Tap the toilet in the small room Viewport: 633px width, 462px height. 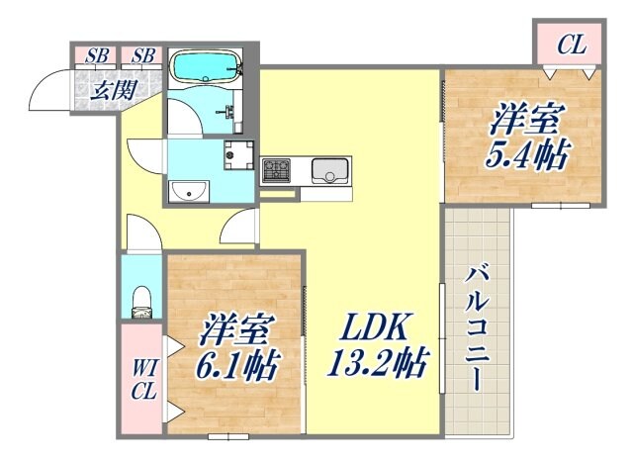pyautogui.click(x=142, y=300)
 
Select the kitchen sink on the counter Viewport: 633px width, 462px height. pyautogui.click(x=326, y=171)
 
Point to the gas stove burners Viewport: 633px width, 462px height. pyautogui.click(x=275, y=171)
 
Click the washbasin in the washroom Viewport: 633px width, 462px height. pyautogui.click(x=185, y=190)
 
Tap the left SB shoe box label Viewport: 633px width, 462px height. pyautogui.click(x=96, y=55)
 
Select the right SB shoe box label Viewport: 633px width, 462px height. pyautogui.click(x=140, y=55)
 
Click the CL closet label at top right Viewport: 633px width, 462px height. pyautogui.click(x=569, y=44)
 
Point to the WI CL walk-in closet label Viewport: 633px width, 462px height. pyautogui.click(x=142, y=379)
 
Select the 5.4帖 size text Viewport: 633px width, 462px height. pyautogui.click(x=524, y=155)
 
